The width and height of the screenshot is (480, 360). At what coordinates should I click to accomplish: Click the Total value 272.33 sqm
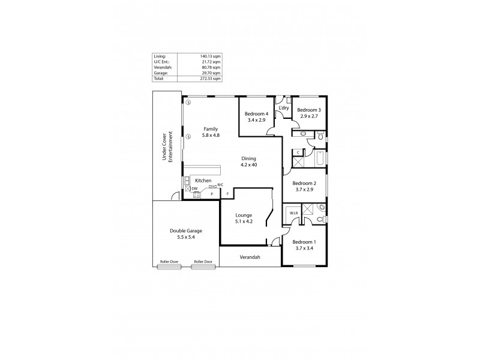(210, 79)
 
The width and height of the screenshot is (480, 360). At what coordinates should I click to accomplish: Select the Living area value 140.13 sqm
(210, 56)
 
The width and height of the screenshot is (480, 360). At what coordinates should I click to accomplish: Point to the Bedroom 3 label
(309, 110)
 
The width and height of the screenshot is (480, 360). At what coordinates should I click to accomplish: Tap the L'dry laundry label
(284, 108)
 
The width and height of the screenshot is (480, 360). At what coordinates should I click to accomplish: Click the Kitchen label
(203, 180)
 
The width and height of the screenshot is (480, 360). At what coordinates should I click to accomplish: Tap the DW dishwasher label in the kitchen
(194, 188)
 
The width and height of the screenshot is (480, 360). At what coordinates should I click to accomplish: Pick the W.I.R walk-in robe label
(293, 213)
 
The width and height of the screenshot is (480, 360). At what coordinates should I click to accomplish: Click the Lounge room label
(244, 215)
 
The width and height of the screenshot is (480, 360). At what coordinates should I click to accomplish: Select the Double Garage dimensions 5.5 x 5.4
(185, 237)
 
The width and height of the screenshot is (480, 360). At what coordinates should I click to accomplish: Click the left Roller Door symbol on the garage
(169, 262)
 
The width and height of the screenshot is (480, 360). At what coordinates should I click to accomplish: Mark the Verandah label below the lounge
(250, 257)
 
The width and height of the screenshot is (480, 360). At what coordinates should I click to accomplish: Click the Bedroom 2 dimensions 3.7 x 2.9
(304, 190)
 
